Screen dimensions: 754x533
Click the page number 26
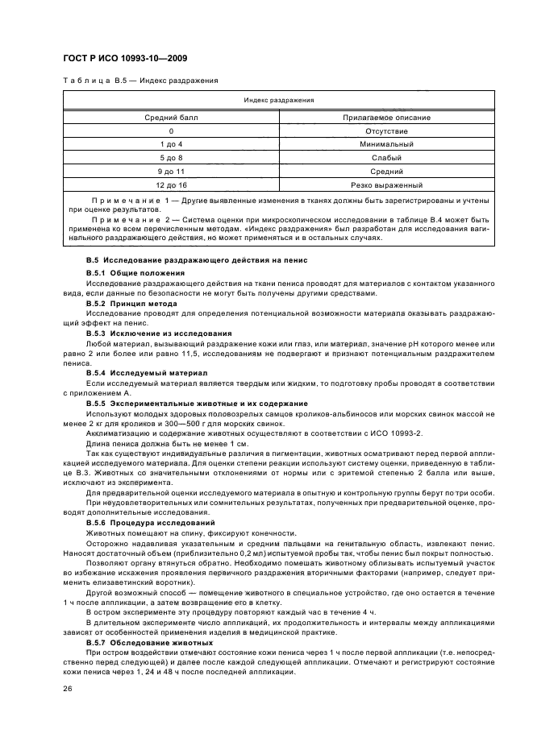68,690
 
